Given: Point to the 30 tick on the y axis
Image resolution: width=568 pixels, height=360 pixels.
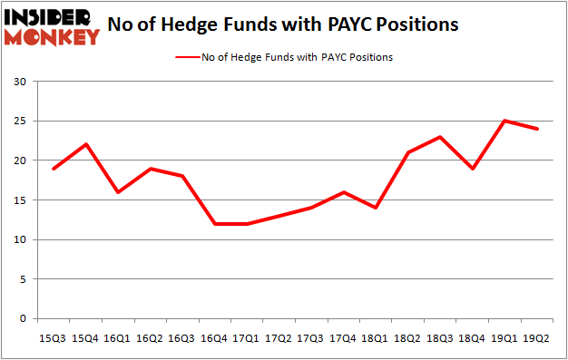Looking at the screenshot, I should [x=21, y=82].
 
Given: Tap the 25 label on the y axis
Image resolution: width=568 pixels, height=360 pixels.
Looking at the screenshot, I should [x=21, y=122].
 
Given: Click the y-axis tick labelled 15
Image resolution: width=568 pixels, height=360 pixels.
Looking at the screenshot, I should [x=21, y=200].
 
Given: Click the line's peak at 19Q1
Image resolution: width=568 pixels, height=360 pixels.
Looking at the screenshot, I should [x=504, y=121].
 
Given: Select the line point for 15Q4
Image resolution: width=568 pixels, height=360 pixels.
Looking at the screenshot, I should [x=85, y=144].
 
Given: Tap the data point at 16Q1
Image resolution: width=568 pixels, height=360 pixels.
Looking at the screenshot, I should [x=117, y=192].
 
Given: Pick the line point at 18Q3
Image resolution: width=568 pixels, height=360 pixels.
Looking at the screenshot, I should [x=440, y=137].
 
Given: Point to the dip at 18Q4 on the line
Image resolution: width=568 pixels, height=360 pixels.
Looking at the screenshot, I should [x=472, y=169].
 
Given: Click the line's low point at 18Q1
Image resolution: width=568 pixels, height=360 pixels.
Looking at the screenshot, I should [x=376, y=208].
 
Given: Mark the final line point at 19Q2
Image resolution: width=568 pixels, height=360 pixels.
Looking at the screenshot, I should [x=536, y=129].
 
